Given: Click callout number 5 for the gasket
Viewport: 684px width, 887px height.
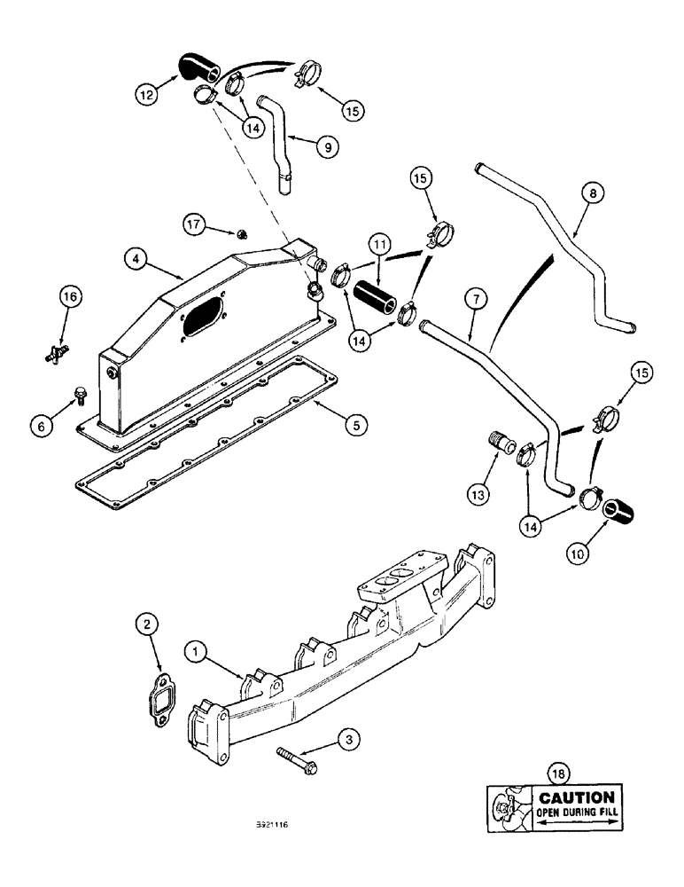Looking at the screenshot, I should tap(354, 426).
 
